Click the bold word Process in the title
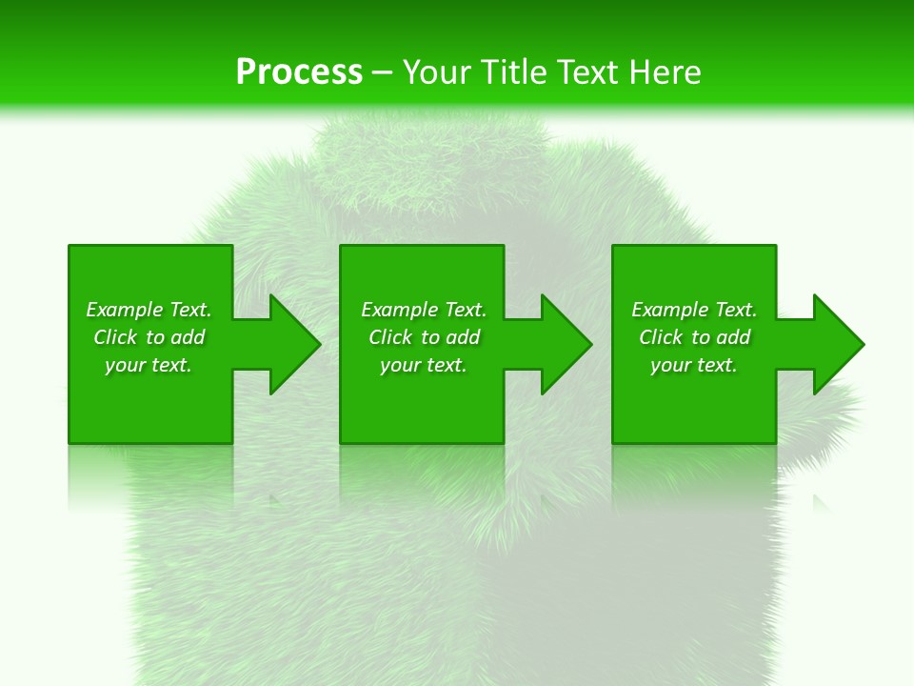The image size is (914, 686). click(x=299, y=72)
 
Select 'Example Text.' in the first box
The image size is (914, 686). click(x=149, y=310)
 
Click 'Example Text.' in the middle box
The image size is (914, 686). click(x=424, y=310)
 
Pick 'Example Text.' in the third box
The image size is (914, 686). click(x=694, y=310)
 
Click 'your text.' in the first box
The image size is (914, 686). click(x=149, y=365)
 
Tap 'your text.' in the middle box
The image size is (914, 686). click(x=424, y=365)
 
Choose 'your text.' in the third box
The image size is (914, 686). click(x=694, y=365)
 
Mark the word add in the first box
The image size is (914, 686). click(x=188, y=337)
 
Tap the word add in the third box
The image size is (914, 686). click(x=733, y=337)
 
